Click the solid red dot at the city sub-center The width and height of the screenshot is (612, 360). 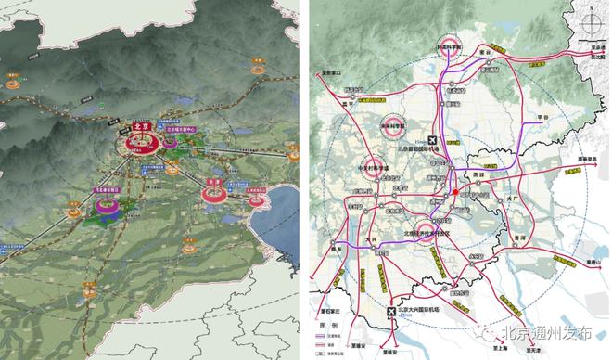click(x=456, y=193)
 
